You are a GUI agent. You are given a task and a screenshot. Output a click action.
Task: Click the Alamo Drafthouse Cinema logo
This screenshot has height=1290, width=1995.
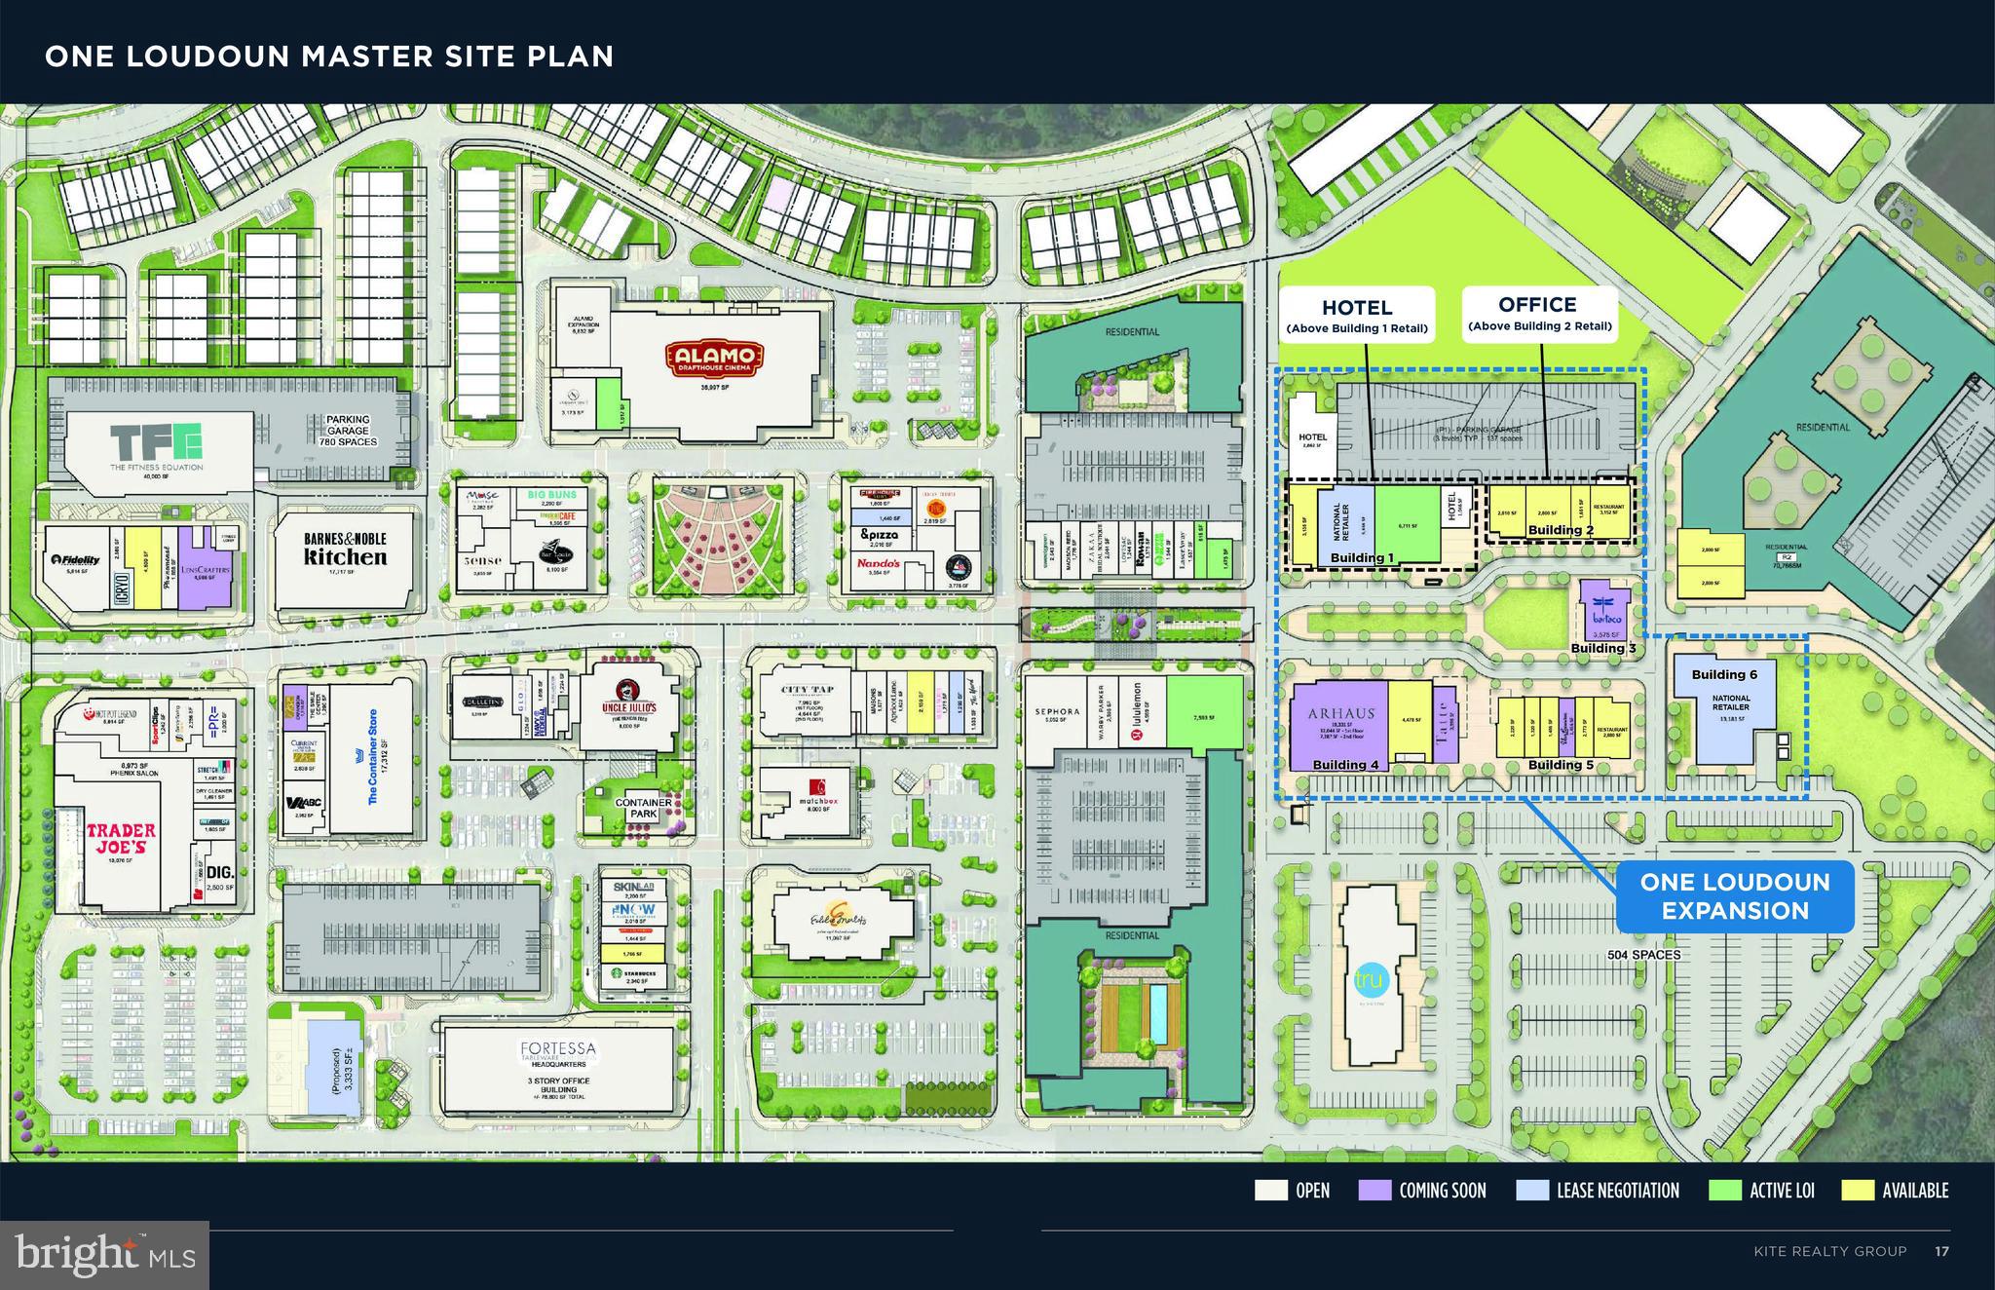pyautogui.click(x=715, y=360)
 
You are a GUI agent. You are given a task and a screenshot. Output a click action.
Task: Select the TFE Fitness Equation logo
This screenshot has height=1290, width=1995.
pyautogui.click(x=156, y=443)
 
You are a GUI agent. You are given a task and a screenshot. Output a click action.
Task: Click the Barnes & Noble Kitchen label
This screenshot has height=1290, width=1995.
pyautogui.click(x=345, y=549)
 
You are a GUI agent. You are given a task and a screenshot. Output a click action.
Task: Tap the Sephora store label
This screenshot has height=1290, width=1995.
pyautogui.click(x=1057, y=712)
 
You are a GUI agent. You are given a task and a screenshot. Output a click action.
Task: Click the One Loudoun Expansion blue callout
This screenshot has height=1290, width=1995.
pyautogui.click(x=1734, y=896)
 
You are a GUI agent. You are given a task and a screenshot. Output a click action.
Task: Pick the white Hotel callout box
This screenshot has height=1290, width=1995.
pyautogui.click(x=1356, y=315)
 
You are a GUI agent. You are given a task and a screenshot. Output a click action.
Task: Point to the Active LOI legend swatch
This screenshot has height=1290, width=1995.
pyautogui.click(x=1725, y=1191)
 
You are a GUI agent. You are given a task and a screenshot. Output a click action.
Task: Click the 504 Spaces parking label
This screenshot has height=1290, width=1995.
pyautogui.click(x=1644, y=955)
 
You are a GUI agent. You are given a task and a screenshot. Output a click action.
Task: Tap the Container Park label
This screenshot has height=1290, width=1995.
pyautogui.click(x=644, y=808)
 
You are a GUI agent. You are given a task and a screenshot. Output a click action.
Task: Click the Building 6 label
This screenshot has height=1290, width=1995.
pyautogui.click(x=1724, y=674)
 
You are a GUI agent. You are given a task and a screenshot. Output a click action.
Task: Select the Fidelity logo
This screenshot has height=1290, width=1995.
pyautogui.click(x=76, y=560)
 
